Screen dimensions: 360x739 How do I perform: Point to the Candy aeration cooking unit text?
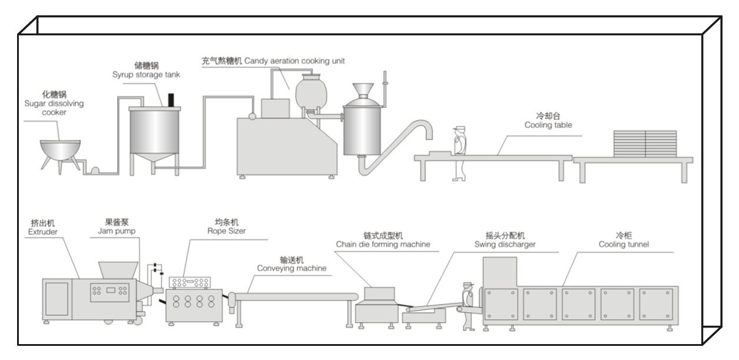click(x=273, y=60)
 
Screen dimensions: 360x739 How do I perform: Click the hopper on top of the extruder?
click(x=118, y=270)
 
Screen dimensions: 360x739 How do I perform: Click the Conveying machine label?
click(x=291, y=264)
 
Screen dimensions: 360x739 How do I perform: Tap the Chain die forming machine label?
click(x=383, y=240)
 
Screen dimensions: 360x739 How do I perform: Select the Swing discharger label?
click(x=505, y=240)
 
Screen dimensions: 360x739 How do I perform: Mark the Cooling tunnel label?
click(x=624, y=240)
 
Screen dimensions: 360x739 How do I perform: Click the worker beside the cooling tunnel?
click(x=468, y=305)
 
